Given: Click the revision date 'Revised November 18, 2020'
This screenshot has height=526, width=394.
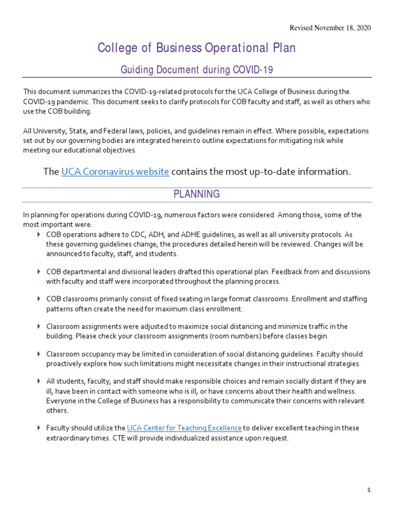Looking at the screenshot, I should [x=330, y=28].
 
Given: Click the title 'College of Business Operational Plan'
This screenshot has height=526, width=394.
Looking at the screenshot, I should [x=196, y=48].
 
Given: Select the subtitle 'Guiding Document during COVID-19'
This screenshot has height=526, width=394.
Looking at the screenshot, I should [x=196, y=69].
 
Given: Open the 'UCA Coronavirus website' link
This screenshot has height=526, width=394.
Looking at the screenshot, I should [x=115, y=172].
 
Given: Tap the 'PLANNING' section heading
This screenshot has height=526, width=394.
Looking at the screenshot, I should [x=196, y=194].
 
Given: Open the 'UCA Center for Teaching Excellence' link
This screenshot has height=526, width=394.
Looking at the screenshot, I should [x=184, y=428].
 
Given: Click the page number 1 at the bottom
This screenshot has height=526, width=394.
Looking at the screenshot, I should [x=368, y=490].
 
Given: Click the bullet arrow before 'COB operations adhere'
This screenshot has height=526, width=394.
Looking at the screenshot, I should [x=39, y=234].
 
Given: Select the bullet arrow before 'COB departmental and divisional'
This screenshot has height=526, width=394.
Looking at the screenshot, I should [x=39, y=271].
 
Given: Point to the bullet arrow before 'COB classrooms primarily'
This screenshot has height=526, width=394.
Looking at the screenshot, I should [x=39, y=299].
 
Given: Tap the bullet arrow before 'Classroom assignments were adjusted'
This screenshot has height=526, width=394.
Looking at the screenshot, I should [x=39, y=327].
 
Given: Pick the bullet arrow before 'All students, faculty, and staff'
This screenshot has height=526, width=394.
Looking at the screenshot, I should [x=39, y=382].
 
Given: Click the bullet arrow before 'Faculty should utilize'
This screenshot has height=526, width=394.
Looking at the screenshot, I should [x=39, y=428].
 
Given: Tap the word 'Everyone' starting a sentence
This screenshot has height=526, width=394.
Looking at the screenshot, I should [x=61, y=401].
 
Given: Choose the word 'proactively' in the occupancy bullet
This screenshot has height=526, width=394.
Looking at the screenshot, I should [x=65, y=364].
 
